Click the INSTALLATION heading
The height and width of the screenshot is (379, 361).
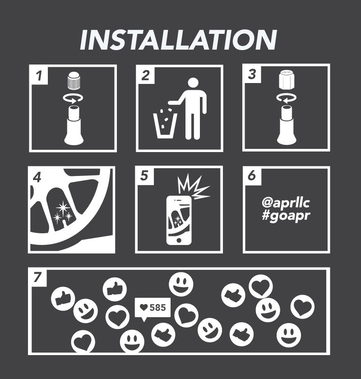[x=178, y=40]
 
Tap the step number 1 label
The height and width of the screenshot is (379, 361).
[x=39, y=75]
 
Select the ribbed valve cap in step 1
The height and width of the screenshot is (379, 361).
[x=73, y=80]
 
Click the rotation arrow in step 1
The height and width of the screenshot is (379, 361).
[x=73, y=98]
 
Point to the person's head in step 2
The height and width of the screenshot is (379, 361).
[x=193, y=83]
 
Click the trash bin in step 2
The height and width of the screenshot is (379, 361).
[x=165, y=126]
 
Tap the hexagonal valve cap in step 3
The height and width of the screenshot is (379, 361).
[x=287, y=79]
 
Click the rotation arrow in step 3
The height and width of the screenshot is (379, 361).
[x=287, y=98]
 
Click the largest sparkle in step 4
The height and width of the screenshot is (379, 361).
[x=63, y=207]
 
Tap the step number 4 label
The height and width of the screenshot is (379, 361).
[x=37, y=177]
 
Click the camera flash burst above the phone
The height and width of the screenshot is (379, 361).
[x=193, y=187]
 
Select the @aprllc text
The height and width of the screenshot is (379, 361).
[x=286, y=203]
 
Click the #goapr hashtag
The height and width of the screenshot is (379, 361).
[x=286, y=215]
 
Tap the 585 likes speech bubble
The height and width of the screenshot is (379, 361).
[x=153, y=309]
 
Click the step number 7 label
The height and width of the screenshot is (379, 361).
[x=37, y=277]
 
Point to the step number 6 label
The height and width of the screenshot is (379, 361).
[x=252, y=175]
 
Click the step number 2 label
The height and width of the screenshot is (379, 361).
[x=145, y=75]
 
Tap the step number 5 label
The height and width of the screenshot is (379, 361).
[x=144, y=176]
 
